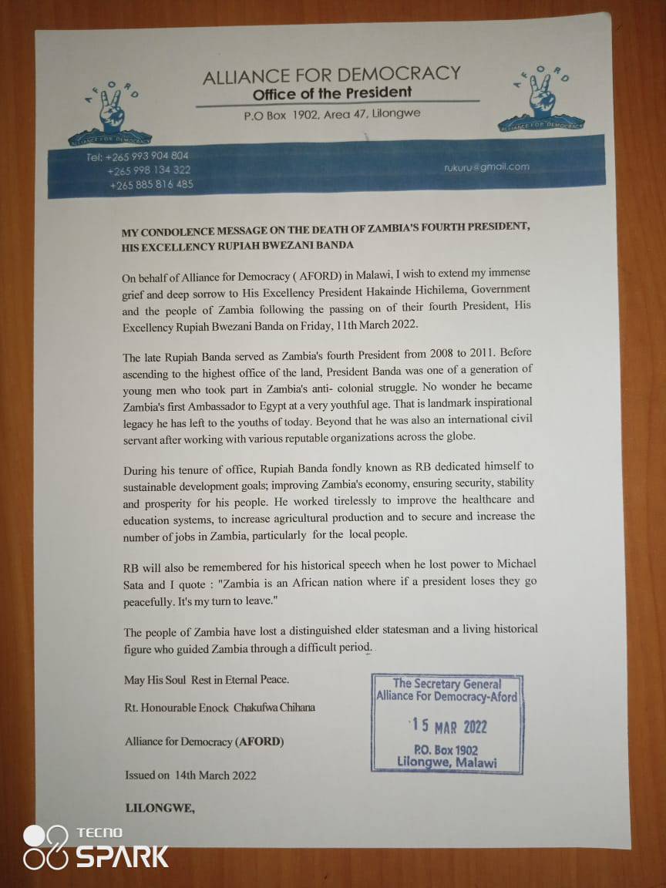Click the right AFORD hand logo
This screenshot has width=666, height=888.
(x=541, y=99)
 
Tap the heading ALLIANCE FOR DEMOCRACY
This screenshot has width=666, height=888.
(x=331, y=76)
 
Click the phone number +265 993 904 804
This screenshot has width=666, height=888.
(x=137, y=156)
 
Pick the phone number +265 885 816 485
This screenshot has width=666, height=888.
(x=151, y=184)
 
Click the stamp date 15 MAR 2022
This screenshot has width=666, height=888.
(x=448, y=727)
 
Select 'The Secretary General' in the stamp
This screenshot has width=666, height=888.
(x=447, y=683)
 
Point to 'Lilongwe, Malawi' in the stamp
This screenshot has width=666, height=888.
(x=447, y=762)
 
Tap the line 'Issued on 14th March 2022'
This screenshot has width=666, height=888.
(x=190, y=775)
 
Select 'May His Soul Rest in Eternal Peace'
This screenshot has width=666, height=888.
(x=207, y=680)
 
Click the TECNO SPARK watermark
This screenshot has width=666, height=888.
(x=96, y=846)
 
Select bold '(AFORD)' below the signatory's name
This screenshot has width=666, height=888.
(x=260, y=742)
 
